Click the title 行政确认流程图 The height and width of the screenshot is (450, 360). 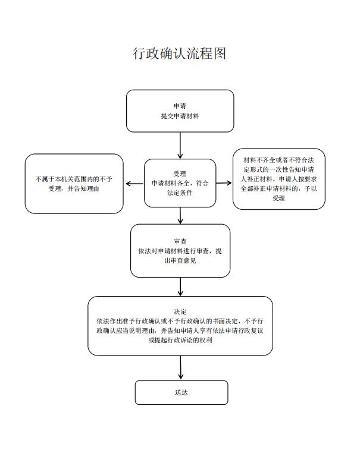point(180,54)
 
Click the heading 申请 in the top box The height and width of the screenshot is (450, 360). point(180,106)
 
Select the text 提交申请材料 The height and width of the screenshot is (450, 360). point(180,116)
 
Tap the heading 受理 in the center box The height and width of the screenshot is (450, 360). point(180,174)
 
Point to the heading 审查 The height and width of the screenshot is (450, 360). point(180,241)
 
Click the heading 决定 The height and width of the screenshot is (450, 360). point(180,311)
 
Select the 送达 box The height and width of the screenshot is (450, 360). point(181,392)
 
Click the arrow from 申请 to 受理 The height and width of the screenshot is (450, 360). point(180,146)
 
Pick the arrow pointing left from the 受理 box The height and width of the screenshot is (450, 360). point(134,184)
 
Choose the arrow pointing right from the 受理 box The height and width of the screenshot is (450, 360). point(224,183)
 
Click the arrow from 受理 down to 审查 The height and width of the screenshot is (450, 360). point(180,216)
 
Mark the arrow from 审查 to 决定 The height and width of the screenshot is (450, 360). point(180,287)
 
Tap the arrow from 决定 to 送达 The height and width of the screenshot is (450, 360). point(180,367)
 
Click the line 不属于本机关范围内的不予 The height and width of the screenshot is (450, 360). point(74,179)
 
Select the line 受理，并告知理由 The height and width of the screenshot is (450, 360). point(74,188)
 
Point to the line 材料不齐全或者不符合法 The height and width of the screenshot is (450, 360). point(278,160)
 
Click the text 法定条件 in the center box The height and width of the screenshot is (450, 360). point(180,193)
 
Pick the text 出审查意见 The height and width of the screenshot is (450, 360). point(180,260)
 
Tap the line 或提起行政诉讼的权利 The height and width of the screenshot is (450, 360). point(180,340)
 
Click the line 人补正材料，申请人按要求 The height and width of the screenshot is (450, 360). point(278,179)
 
